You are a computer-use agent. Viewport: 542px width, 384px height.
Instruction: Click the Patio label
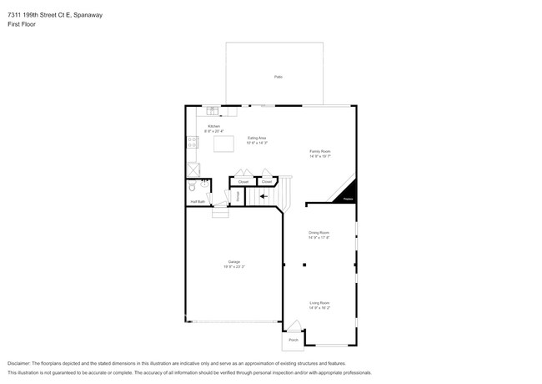278,77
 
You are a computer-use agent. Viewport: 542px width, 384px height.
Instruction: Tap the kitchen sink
212,110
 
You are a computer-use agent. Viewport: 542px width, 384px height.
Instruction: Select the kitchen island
224,144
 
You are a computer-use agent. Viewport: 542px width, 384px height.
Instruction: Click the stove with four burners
191,143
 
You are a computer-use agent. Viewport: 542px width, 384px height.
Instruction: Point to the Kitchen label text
213,126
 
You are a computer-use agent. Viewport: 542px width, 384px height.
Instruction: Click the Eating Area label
257,138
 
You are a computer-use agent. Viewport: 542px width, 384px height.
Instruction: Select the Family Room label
320,151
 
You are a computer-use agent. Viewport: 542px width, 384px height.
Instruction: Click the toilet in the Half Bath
192,188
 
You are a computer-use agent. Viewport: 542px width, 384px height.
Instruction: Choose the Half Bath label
198,201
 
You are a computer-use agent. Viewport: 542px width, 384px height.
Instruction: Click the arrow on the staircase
263,196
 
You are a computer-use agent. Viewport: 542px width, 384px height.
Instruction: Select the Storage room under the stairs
237,195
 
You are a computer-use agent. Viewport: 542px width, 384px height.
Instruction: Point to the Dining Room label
320,232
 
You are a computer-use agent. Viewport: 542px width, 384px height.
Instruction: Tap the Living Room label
320,303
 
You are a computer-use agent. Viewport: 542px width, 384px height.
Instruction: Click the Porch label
293,340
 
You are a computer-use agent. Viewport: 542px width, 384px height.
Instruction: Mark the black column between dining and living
304,265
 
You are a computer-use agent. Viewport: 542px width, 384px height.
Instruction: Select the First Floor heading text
23,24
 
